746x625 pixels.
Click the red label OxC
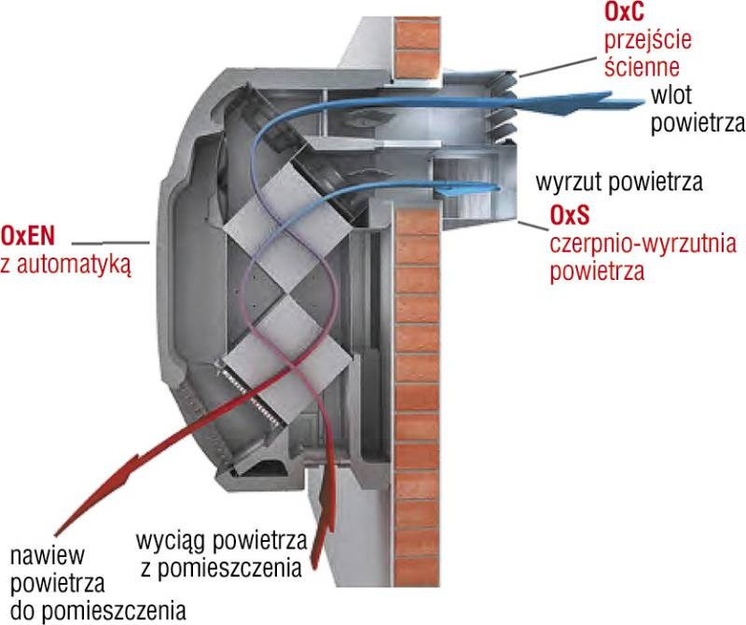624,12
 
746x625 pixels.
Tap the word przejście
647,40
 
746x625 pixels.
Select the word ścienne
642,65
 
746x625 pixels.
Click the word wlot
670,96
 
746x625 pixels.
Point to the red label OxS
570,215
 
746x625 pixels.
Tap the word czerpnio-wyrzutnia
642,244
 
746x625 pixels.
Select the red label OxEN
28,236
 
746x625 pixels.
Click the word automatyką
74,265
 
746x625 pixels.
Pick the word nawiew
48,555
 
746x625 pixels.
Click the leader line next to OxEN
110,243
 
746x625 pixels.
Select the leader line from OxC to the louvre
557,67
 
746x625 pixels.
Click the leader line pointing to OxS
533,226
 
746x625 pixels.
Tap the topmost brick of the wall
417,33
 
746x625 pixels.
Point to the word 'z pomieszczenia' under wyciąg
221,568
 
